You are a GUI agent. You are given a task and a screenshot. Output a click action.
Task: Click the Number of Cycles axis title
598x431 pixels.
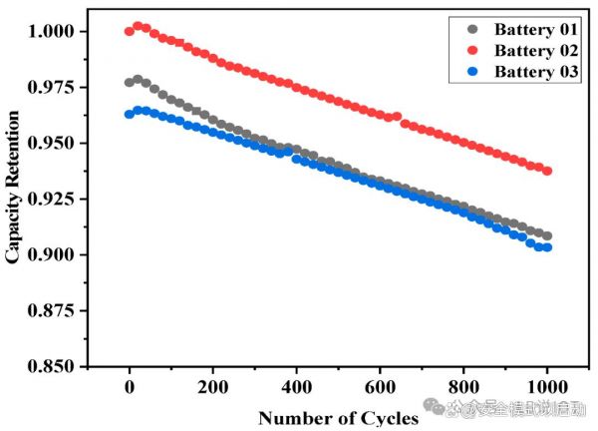click(338, 417)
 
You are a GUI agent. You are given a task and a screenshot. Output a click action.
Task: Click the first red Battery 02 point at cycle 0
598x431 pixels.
click(130, 31)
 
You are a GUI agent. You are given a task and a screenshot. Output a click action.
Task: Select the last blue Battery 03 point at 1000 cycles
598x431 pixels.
click(547, 247)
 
